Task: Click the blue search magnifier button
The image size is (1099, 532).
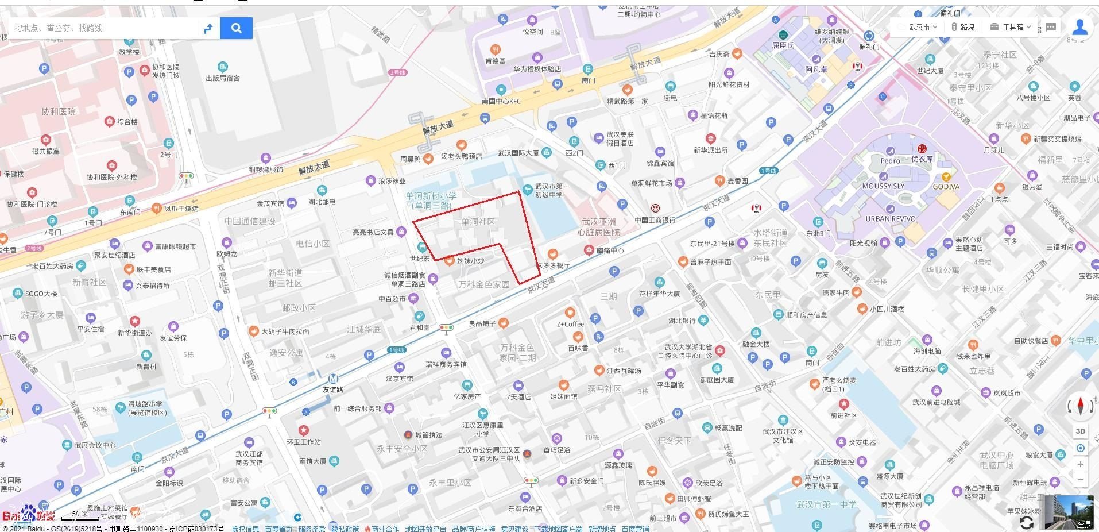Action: click(x=236, y=28)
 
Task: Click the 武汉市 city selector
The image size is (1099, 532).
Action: click(x=919, y=27)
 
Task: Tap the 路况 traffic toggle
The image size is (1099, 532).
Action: click(x=963, y=27)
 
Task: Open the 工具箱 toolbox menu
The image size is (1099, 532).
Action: click(x=1011, y=27)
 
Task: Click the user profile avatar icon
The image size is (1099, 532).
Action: click(x=1079, y=28)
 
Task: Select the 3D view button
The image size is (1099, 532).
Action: click(x=1080, y=431)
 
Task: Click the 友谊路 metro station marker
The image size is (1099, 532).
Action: click(x=333, y=379)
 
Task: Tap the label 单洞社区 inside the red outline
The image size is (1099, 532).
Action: click(x=478, y=222)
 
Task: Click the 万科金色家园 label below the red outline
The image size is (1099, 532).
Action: click(x=483, y=284)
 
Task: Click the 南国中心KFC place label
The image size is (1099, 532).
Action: click(x=501, y=101)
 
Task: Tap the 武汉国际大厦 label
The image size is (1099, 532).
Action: click(x=518, y=153)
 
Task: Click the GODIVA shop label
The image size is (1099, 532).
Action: click(x=946, y=187)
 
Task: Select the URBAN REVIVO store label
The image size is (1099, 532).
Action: click(x=891, y=219)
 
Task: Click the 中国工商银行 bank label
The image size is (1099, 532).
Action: click(x=655, y=220)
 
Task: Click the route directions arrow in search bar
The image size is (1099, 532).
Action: click(x=208, y=28)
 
